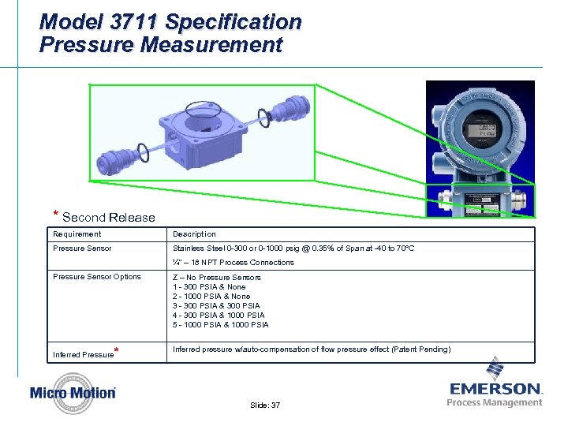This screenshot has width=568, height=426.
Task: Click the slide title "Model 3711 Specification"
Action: pos(170,21)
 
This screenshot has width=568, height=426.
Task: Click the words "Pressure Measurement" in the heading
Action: pos(160,45)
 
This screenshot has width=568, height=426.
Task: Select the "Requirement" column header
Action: pos(77,234)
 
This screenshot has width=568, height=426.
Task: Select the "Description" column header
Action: pos(194,234)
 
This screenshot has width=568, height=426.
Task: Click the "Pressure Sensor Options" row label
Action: pos(96,277)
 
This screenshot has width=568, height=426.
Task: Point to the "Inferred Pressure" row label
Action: pos(83,354)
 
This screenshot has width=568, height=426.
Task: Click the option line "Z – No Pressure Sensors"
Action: pos(216,278)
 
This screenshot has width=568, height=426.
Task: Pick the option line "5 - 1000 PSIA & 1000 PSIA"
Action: pos(220,325)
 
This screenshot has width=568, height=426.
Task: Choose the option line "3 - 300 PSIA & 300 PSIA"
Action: pos(216,306)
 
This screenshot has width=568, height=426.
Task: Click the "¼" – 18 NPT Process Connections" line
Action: pos(233,263)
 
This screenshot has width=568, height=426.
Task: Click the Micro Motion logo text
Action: pos(73,392)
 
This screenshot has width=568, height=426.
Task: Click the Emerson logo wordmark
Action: pos(495,389)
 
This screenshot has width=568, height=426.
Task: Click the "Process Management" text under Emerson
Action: pos(495,402)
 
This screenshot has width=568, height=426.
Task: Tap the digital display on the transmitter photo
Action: pos(479,131)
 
